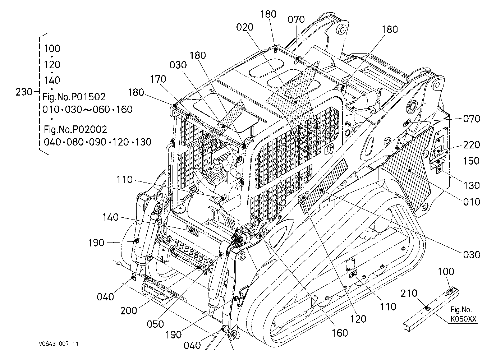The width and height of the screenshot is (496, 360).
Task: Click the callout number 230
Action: click(x=24, y=92)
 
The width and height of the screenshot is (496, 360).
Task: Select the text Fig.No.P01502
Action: click(x=74, y=97)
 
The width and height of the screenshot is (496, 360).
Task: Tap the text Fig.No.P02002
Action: click(x=75, y=129)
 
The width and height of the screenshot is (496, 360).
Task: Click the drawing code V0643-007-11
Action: click(x=59, y=343)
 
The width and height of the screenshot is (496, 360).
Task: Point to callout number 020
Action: click(x=245, y=27)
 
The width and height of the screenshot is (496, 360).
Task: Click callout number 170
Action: click(x=158, y=79)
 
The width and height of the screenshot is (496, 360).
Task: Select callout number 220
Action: click(x=472, y=145)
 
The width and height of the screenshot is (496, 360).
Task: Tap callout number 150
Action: click(x=472, y=161)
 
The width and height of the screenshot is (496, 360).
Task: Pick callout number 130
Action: click(x=472, y=185)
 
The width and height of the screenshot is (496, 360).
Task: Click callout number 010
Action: click(x=472, y=202)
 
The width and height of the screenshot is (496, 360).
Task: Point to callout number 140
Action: click(x=110, y=217)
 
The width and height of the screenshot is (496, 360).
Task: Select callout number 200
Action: click(x=129, y=311)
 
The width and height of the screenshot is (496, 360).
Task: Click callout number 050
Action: click(x=155, y=324)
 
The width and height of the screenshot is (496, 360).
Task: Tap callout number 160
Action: click(x=340, y=333)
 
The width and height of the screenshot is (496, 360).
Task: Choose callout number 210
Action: click(x=409, y=294)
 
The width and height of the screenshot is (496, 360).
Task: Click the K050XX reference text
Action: click(x=463, y=319)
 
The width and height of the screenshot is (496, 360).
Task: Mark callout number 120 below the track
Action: click(x=358, y=319)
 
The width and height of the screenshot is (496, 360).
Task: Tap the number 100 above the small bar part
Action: click(x=446, y=272)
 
